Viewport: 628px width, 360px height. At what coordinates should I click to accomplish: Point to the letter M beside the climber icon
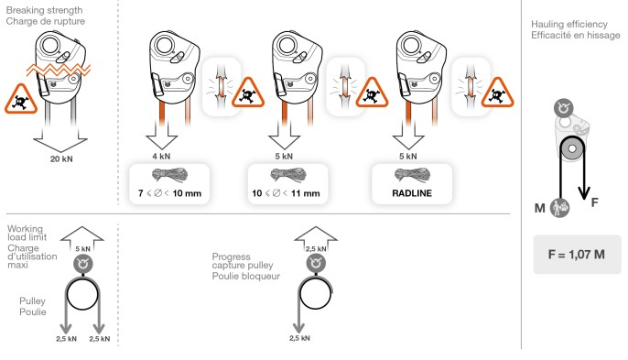tap(540, 208)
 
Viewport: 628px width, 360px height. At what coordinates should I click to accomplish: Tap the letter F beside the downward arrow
tap(596, 202)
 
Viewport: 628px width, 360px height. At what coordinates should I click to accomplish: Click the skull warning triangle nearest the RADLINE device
tap(495, 93)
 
